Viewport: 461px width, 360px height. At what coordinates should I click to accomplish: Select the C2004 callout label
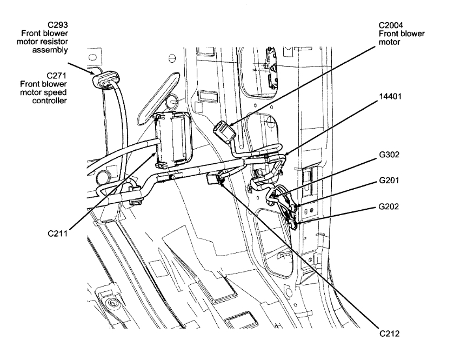394,25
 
